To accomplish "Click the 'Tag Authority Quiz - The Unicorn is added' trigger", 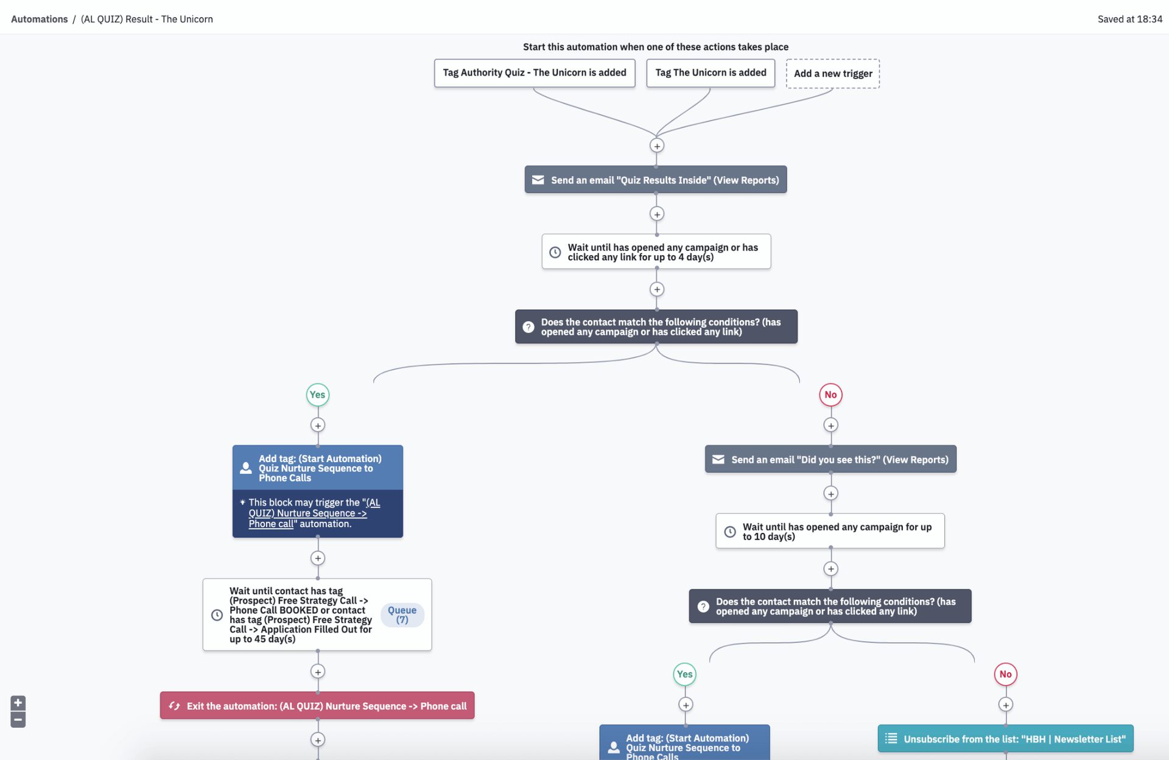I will [x=534, y=72].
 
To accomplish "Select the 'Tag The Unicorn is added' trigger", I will [x=710, y=72].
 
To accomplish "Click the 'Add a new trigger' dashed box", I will [x=832, y=74].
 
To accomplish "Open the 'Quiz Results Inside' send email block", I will [x=655, y=180].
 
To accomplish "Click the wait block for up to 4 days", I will [x=656, y=252].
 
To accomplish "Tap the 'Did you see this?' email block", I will [x=830, y=459].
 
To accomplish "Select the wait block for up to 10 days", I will [x=829, y=531].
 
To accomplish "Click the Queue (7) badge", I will [x=402, y=614].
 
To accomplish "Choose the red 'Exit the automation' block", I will [x=317, y=706].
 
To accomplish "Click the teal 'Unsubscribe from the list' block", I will [x=1005, y=739].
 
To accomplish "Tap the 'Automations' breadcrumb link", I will [x=40, y=19].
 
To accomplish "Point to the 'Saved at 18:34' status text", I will [x=1129, y=19].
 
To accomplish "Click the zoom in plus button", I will [x=18, y=703].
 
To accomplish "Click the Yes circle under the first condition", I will [x=317, y=395].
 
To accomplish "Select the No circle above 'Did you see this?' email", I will [x=830, y=395].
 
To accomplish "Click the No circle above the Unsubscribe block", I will [x=1005, y=674].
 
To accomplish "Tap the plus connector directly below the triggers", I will [x=656, y=146].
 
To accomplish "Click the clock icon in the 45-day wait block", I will [x=217, y=615].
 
